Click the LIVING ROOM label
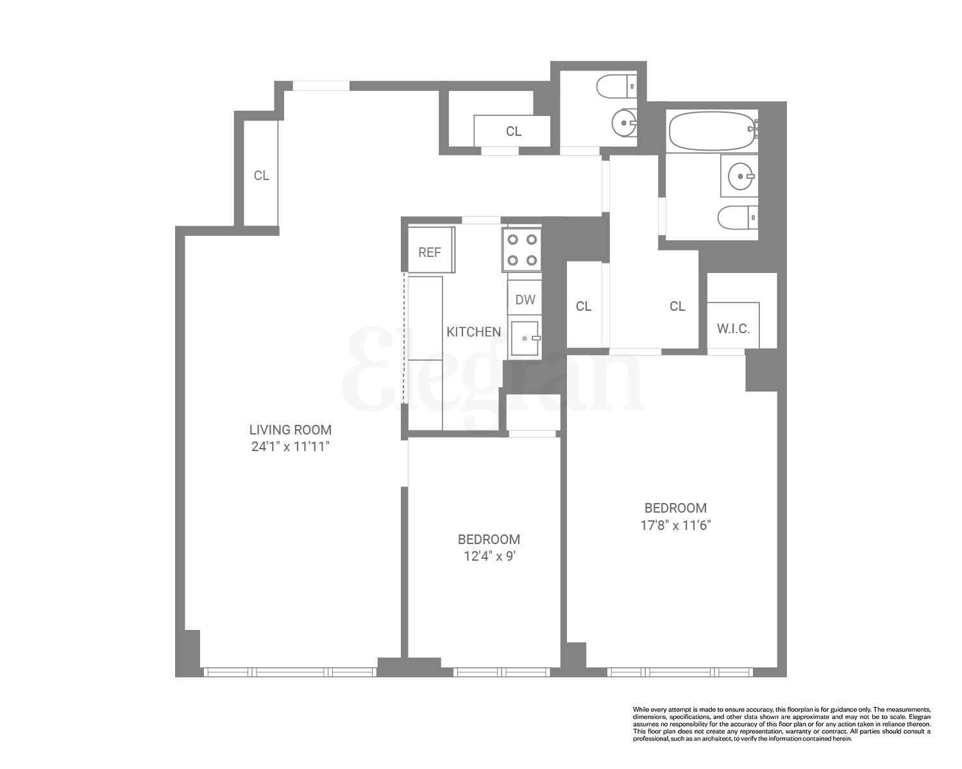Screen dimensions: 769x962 tap(290, 430)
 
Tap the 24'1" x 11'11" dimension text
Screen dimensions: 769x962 tap(290, 447)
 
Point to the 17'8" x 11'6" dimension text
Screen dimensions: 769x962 tap(675, 525)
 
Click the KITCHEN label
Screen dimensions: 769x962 tap(473, 332)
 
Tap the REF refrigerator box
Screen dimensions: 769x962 tap(430, 252)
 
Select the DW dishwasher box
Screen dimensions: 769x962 tap(525, 300)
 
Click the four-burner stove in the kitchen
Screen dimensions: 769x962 tap(522, 250)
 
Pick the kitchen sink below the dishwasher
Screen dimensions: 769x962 tap(525, 338)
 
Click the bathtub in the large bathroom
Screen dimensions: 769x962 tap(711, 131)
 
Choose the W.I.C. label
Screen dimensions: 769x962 tap(733, 329)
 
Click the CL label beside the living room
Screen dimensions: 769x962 tap(261, 176)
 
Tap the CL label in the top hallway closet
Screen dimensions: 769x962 tap(513, 131)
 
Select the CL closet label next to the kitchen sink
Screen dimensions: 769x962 tap(583, 306)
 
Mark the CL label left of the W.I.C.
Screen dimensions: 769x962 tap(677, 306)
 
